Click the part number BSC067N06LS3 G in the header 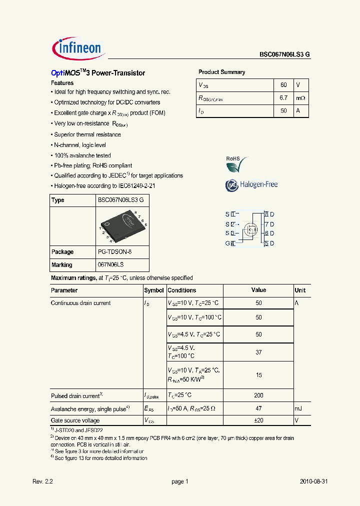point(284,55)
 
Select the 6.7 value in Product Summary point(283,98)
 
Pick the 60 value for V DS point(283,85)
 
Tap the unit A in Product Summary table point(298,110)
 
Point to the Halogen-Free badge point(251,184)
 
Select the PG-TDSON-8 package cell point(114,252)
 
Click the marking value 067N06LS point(111,265)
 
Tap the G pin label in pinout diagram point(227,243)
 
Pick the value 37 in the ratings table point(258,352)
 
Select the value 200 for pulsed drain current point(258,395)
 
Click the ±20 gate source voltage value point(258,420)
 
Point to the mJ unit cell point(298,408)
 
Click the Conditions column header point(182,290)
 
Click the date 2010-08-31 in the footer point(313,481)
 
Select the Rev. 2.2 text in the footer point(42,481)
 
